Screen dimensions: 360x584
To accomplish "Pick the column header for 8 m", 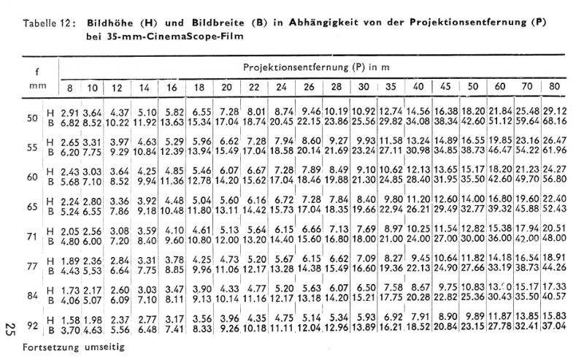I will point(69,88).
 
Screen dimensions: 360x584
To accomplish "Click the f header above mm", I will point(36,72).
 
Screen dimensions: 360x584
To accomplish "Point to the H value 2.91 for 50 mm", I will point(70,112).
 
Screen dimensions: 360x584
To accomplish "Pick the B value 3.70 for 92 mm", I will point(70,330).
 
